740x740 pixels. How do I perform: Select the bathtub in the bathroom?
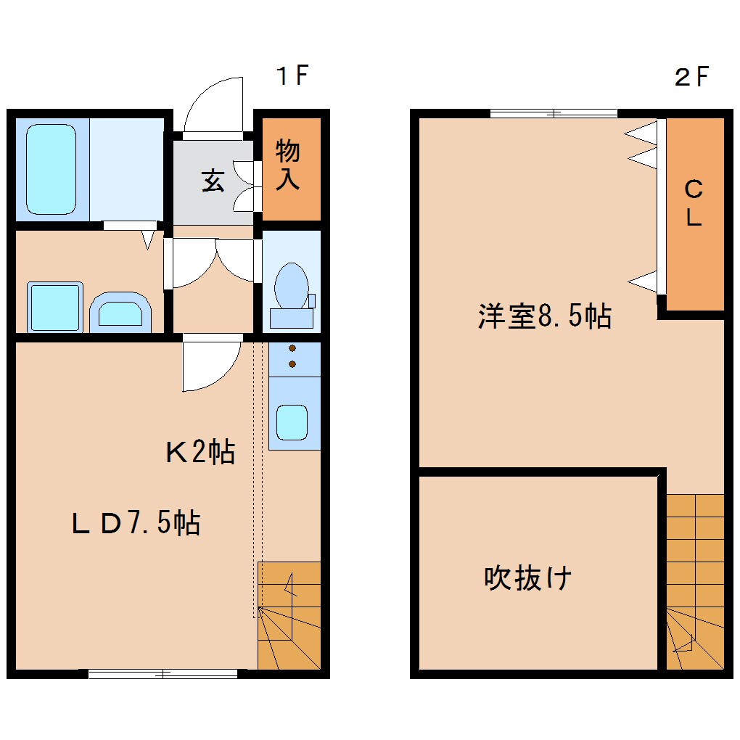point(51,169)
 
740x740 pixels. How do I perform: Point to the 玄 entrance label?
point(213,181)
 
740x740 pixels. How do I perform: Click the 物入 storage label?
point(288,166)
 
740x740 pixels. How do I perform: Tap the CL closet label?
point(694,204)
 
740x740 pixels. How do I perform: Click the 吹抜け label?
point(528,578)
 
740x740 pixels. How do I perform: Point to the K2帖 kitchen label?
point(200,453)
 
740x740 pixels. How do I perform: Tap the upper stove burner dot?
point(292,348)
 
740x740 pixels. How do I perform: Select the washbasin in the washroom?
point(121,313)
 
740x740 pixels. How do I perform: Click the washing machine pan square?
point(54,308)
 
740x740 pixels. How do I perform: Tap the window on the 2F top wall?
point(554,112)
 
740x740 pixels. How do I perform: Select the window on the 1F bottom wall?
point(163,673)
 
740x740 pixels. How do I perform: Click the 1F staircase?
point(289,614)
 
